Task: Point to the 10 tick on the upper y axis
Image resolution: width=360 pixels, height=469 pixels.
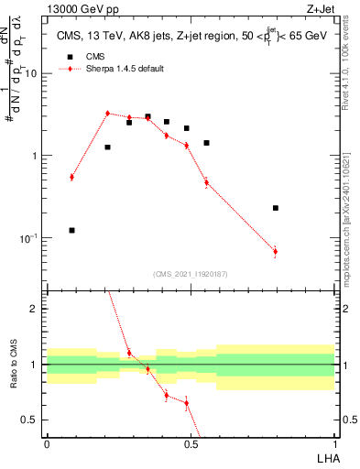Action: (34, 73)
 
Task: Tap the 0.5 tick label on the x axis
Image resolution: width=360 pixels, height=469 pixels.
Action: (191, 443)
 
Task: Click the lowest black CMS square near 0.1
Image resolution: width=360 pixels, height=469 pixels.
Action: (71, 230)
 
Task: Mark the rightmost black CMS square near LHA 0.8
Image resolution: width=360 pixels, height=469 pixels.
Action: (275, 208)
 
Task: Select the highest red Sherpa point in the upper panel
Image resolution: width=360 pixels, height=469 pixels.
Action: (107, 114)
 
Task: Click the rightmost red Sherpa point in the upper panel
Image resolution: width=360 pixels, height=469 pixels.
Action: (275, 251)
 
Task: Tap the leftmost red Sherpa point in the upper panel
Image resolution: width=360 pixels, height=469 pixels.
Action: (71, 177)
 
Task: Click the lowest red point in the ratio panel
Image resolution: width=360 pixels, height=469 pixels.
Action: (186, 403)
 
